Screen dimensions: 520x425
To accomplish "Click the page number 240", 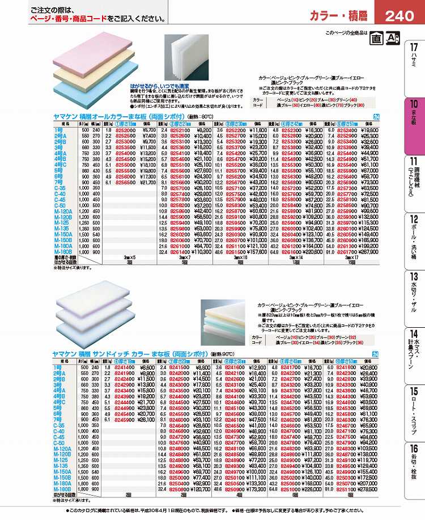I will tap(399, 16).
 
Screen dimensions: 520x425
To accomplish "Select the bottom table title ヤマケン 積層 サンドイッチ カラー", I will tap(105, 353).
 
